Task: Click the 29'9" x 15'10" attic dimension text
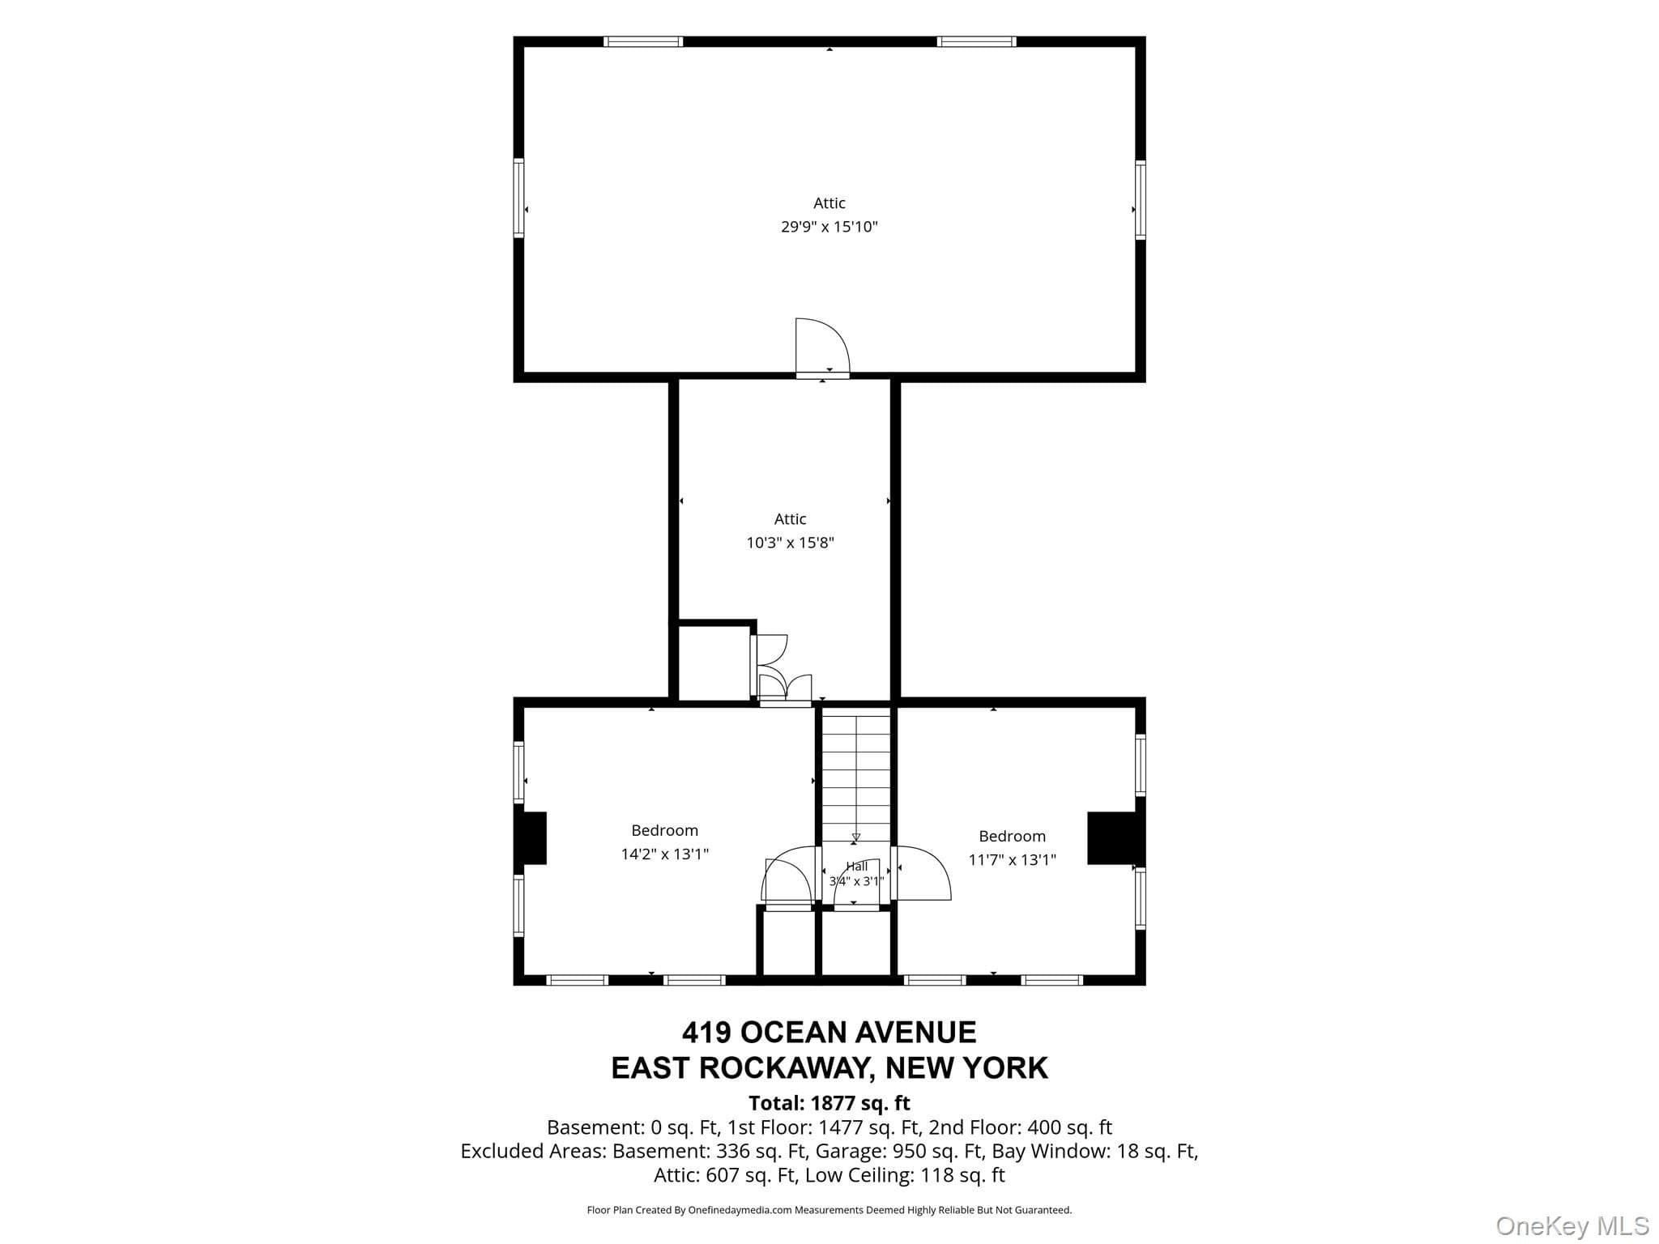pos(829,227)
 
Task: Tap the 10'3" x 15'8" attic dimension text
pos(790,543)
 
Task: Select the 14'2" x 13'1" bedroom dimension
pos(664,854)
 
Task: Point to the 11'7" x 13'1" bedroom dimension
pos(1012,859)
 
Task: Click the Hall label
pos(856,866)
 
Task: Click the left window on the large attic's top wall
pos(643,41)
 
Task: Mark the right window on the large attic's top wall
pos(976,41)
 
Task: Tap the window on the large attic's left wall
pos(518,198)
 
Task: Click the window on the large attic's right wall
pos(1140,199)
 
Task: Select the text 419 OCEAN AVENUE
pos(829,1033)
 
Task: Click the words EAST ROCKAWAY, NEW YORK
pos(829,1068)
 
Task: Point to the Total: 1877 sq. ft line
pos(829,1103)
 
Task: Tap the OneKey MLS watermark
pos(1572,1226)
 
